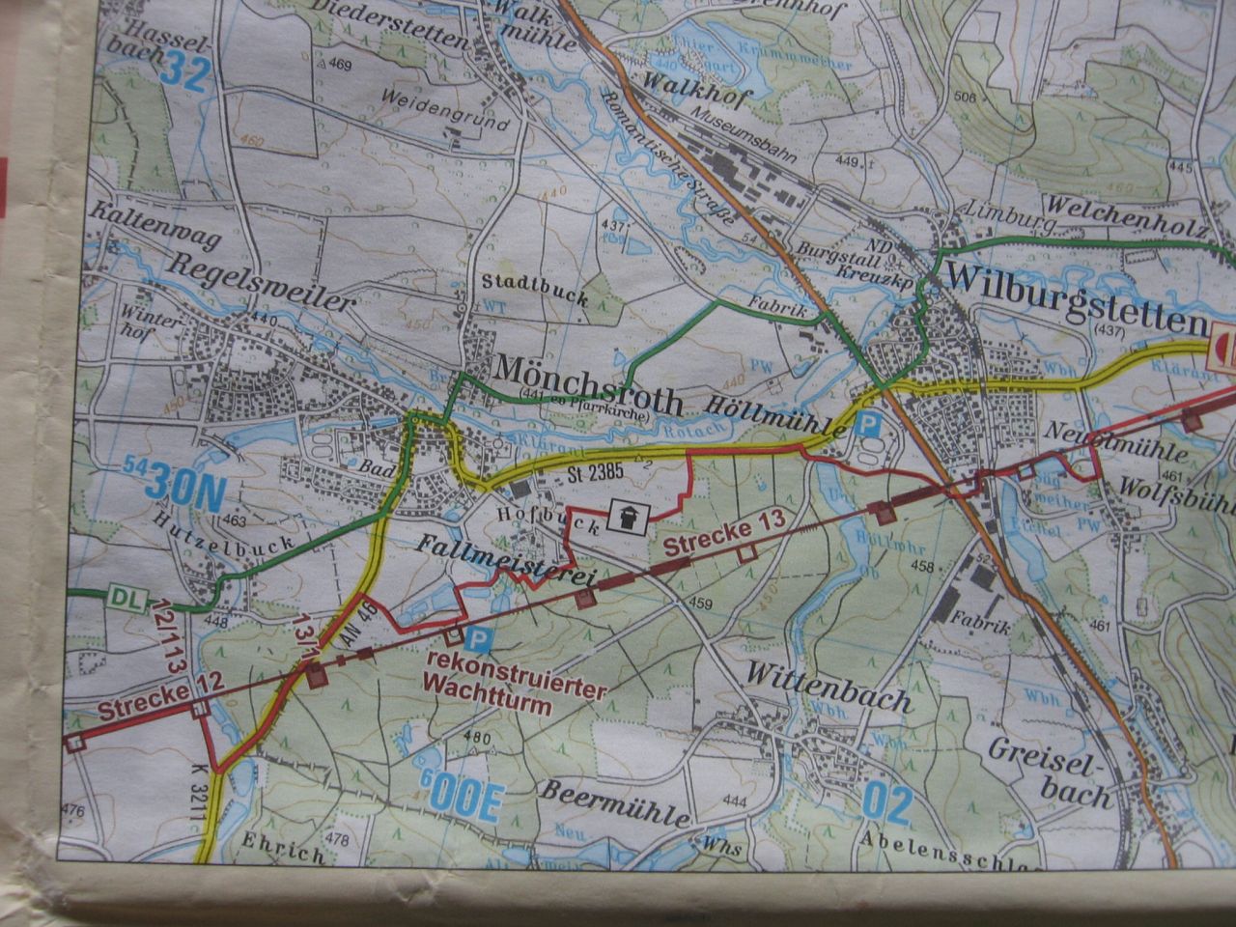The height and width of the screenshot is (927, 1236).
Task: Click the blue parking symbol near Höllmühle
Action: click(x=869, y=422)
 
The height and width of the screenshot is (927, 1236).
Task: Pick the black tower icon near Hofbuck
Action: click(x=628, y=519)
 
